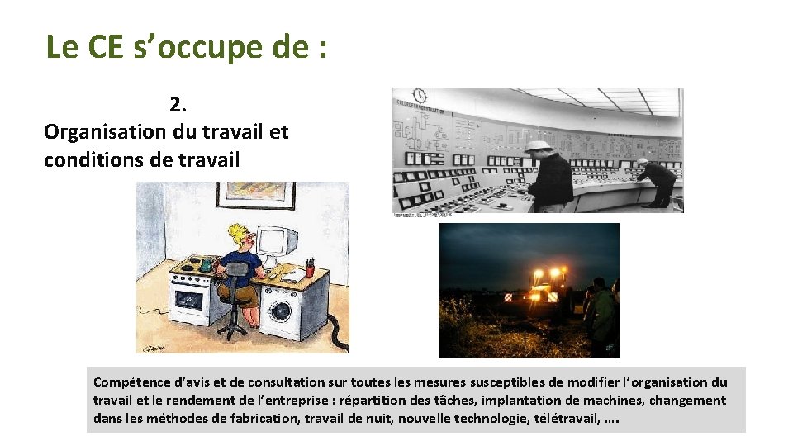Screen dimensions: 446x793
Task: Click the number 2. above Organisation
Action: pos(178,104)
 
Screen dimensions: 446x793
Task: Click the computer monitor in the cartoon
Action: pos(276,243)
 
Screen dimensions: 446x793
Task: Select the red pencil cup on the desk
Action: pos(309,268)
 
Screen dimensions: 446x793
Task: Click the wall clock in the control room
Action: pos(420,96)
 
